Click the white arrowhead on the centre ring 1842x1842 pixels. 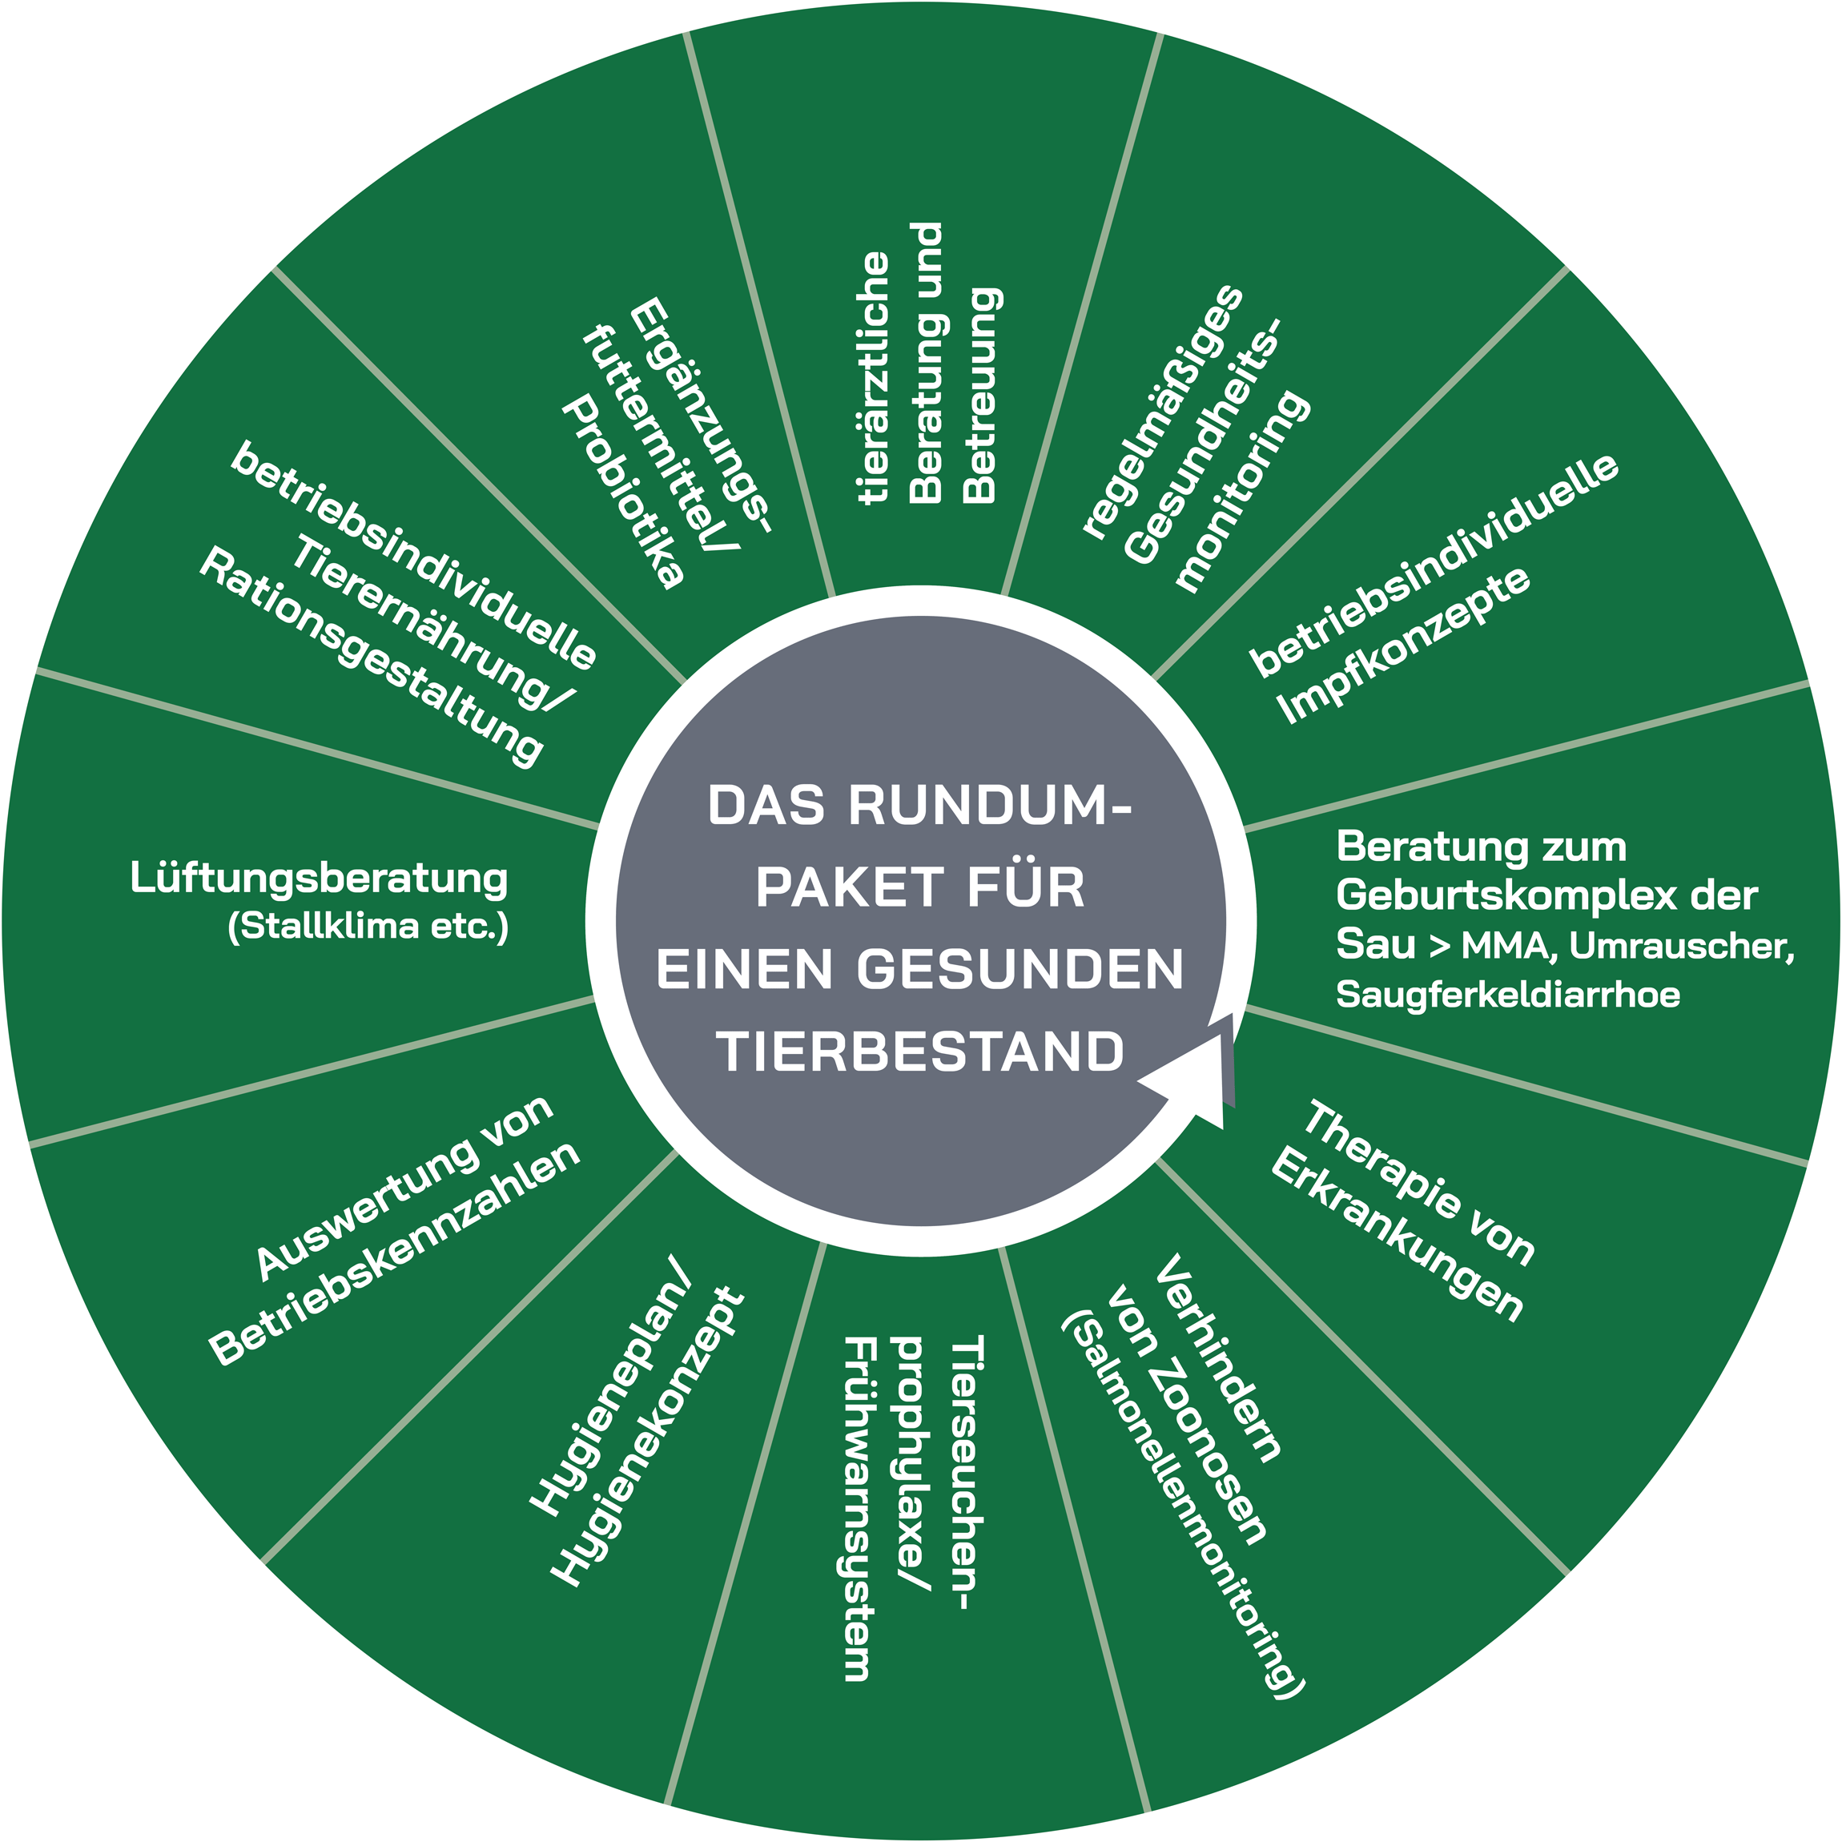(1196, 1072)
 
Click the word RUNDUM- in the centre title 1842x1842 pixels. (990, 806)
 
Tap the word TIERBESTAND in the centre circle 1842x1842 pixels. (920, 1052)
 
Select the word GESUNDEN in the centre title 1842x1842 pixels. (1020, 970)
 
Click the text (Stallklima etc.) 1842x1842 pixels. (368, 927)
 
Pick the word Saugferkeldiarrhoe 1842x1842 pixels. (1507, 995)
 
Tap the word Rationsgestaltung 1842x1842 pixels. (371, 657)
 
